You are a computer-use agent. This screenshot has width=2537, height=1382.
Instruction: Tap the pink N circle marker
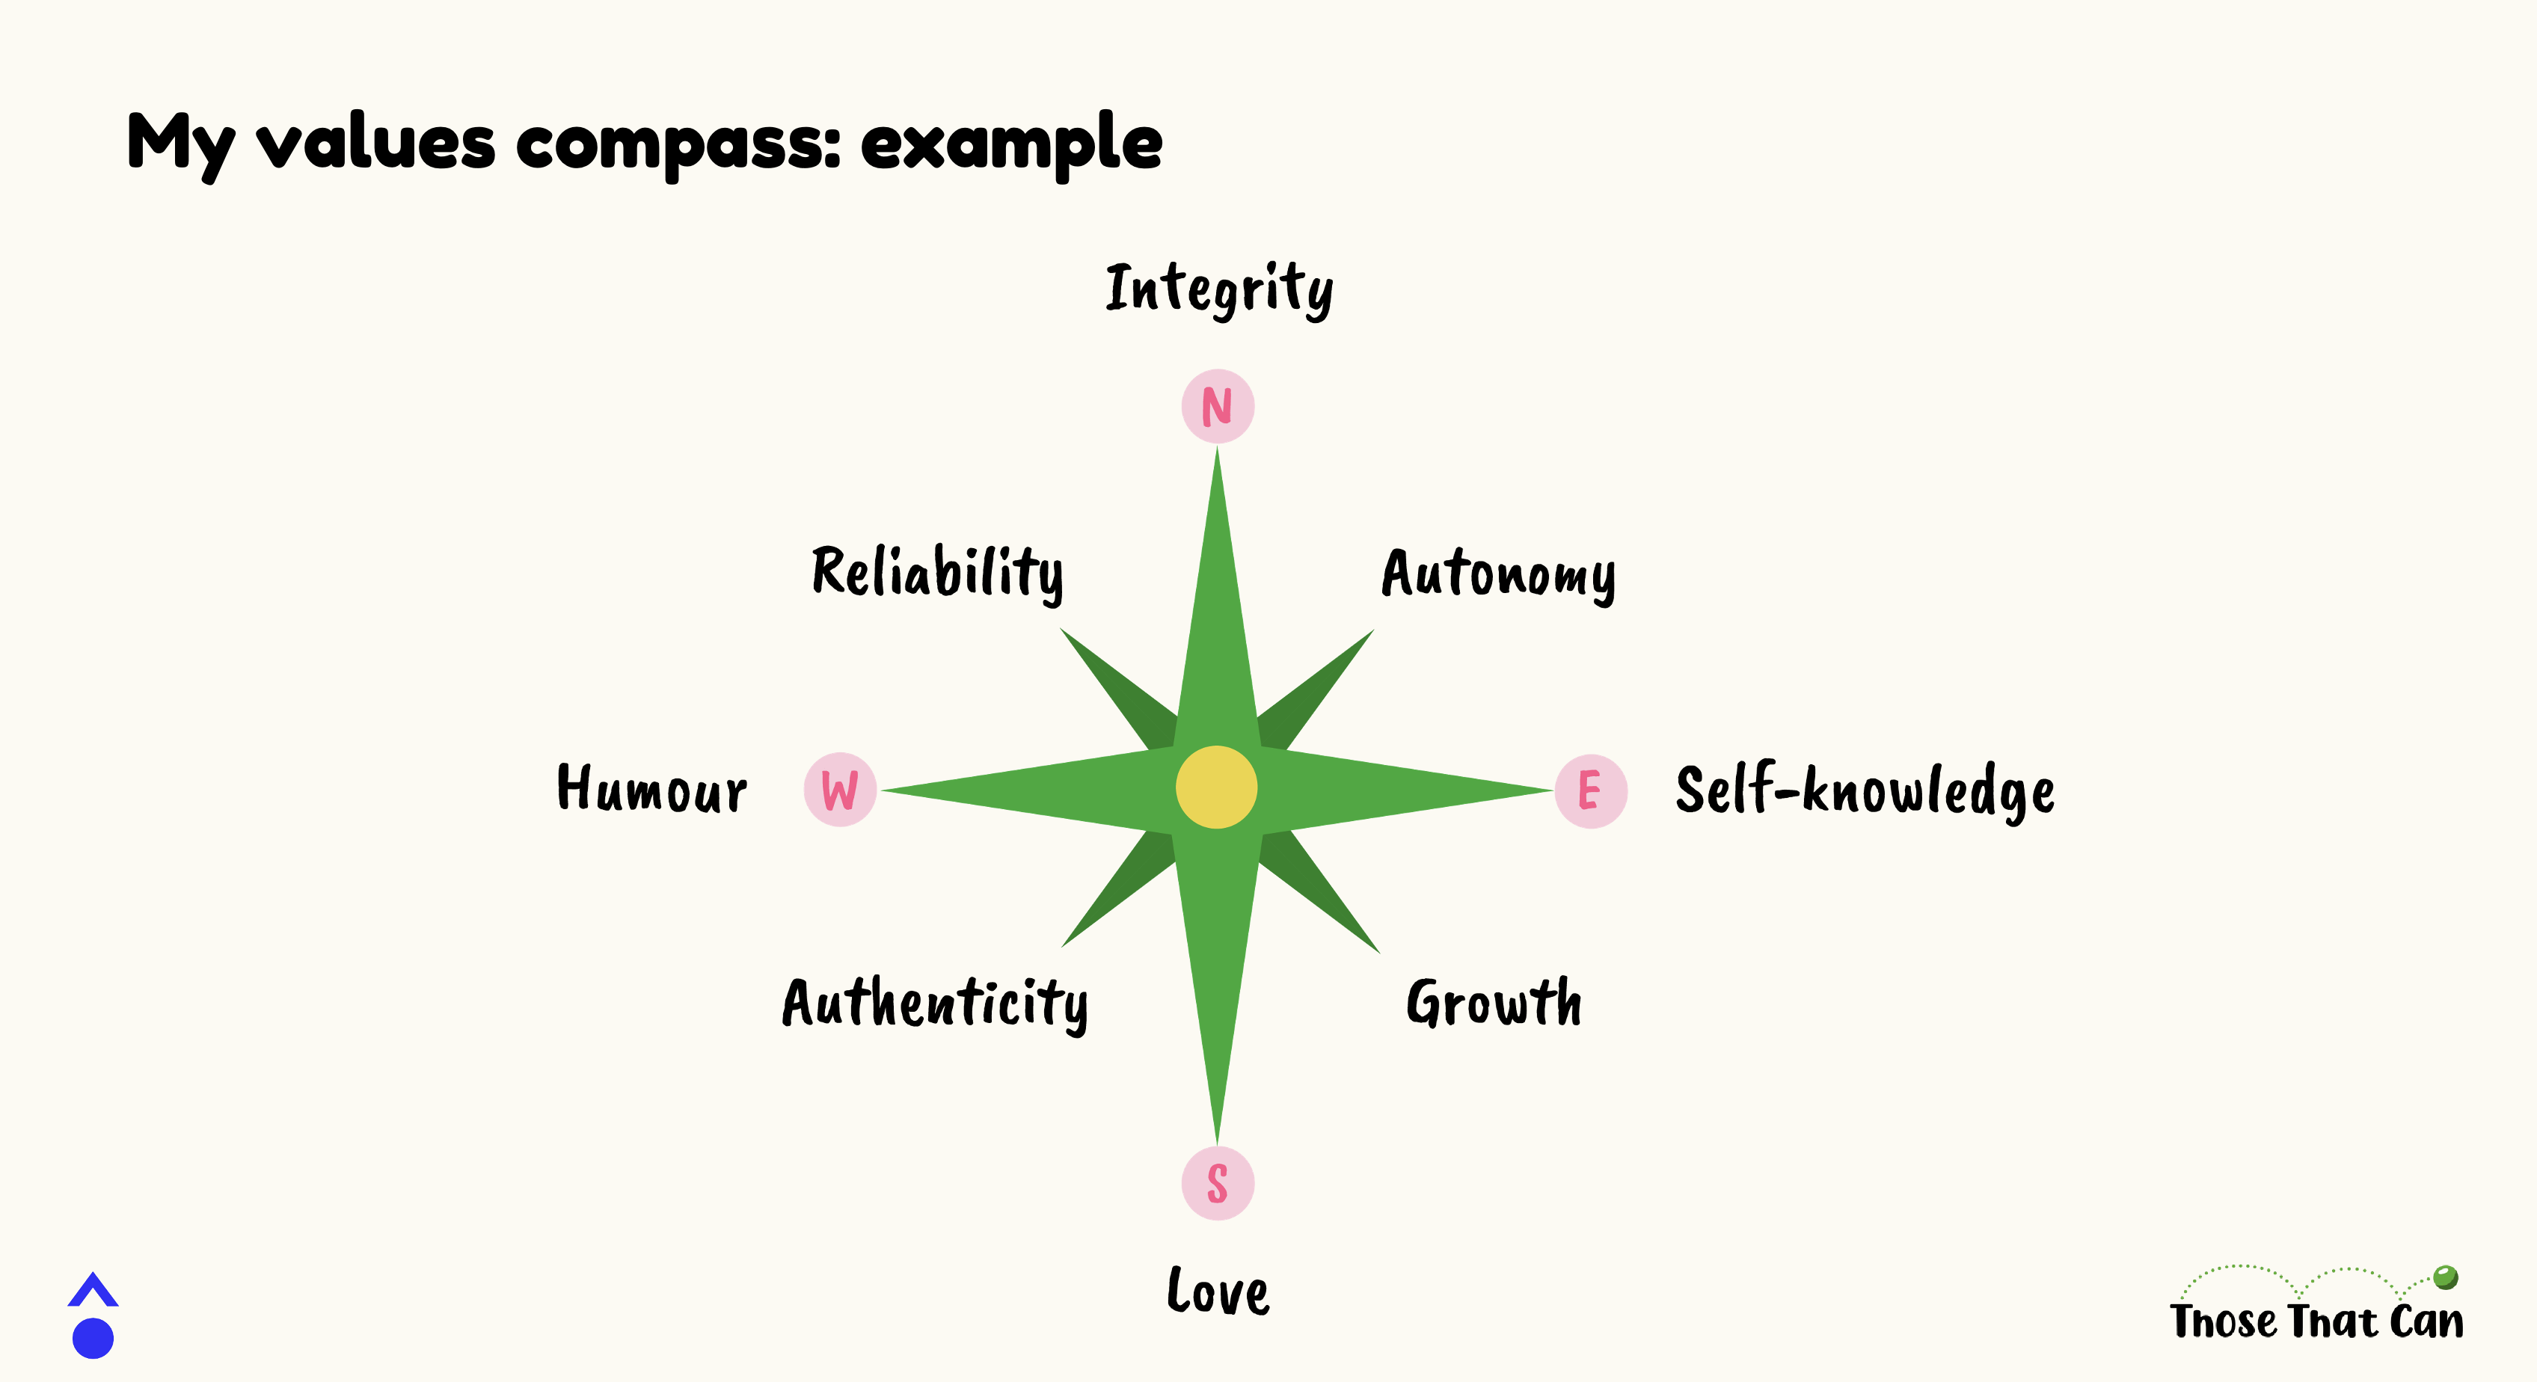point(1218,406)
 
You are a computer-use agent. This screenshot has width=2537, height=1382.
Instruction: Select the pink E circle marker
point(1591,791)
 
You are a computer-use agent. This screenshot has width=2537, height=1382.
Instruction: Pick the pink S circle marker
point(1218,1183)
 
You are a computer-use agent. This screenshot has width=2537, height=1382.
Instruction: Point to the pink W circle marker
point(840,789)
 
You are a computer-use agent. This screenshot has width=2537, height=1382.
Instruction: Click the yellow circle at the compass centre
point(1216,787)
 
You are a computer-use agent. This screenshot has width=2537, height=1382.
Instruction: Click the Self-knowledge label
point(1865,791)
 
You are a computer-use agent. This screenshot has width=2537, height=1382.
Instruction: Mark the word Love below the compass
point(1218,1291)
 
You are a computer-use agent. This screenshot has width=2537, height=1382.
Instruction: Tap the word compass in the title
point(678,146)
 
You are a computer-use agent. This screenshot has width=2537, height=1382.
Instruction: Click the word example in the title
point(1011,144)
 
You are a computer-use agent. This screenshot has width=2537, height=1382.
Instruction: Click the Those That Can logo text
point(2316,1320)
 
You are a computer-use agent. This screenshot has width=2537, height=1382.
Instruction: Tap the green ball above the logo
point(2446,1277)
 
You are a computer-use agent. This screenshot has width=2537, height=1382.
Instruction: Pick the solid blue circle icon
point(93,1339)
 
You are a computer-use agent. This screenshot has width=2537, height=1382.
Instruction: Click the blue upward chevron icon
point(93,1289)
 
